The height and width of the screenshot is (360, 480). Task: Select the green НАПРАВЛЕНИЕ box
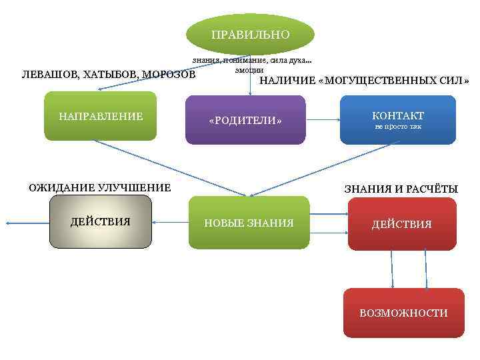101,117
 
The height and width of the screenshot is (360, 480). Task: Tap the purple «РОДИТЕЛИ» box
245,121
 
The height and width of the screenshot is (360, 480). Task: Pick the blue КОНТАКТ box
397,120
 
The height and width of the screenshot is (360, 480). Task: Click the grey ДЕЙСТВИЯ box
100,222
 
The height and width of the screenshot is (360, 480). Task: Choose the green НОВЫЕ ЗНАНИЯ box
249,223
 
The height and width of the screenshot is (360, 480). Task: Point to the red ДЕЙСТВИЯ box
401,224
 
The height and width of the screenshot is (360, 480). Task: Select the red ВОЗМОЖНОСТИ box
403,313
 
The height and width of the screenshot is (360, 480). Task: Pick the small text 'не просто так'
398,127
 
